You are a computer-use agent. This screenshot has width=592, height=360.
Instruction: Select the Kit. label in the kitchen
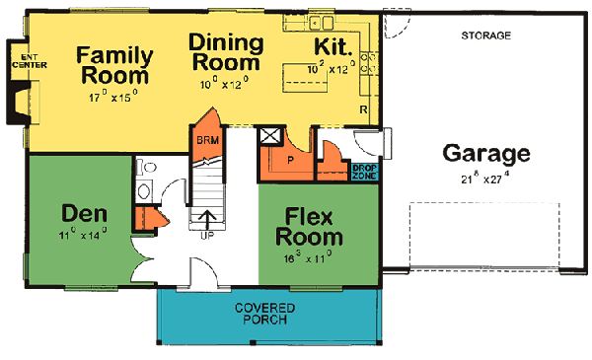pyautogui.click(x=332, y=47)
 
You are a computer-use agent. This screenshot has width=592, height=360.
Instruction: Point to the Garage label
pyautogui.click(x=485, y=154)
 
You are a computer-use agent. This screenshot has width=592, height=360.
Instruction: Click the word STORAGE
pyautogui.click(x=485, y=36)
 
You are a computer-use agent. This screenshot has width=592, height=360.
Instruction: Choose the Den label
pyautogui.click(x=84, y=212)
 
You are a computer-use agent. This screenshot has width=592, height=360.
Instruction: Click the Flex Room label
pyautogui.click(x=315, y=227)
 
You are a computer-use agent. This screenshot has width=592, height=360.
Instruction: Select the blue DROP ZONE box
pyautogui.click(x=364, y=172)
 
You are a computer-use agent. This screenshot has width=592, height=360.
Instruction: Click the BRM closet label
pyautogui.click(x=207, y=140)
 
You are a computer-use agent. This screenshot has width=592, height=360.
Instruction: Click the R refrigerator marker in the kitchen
pyautogui.click(x=363, y=108)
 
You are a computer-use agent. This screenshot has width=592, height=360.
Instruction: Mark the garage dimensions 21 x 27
pyautogui.click(x=485, y=178)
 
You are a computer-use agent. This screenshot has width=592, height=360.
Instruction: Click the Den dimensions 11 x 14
pyautogui.click(x=84, y=235)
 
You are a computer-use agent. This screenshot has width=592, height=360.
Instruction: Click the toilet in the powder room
pyautogui.click(x=145, y=190)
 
